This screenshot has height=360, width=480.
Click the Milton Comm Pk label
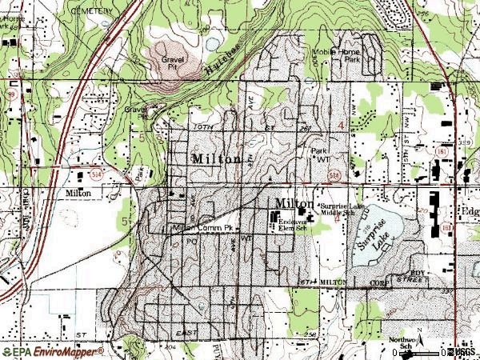click(x=203, y=228)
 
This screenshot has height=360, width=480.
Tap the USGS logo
click(x=465, y=351)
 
